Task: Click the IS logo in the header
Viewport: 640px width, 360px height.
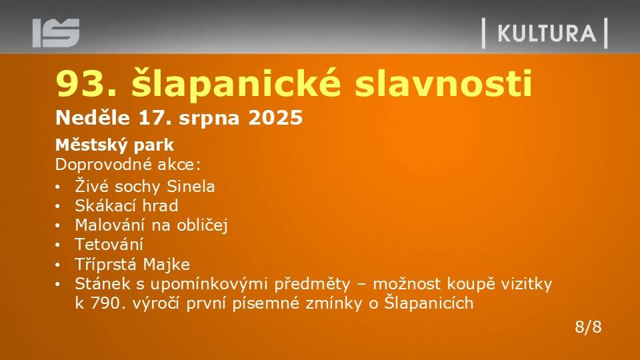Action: pos(56,33)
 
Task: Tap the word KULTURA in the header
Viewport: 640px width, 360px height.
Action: pos(547,33)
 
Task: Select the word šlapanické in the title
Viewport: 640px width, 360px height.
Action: pos(236,84)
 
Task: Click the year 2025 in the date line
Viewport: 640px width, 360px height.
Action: pos(275,118)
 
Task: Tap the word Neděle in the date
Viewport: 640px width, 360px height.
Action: pos(93,117)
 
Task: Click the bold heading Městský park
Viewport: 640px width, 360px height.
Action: pos(115,145)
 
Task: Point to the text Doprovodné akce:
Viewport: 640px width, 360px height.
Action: pos(128,165)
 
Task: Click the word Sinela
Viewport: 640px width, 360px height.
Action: pos(191,187)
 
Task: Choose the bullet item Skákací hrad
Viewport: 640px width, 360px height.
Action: pos(127,205)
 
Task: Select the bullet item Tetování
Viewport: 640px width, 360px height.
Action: pos(109,245)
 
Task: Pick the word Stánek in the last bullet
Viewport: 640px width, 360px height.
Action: pos(103,284)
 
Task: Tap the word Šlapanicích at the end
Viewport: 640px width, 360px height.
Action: pos(429,303)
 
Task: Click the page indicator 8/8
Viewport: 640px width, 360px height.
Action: pos(588,327)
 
